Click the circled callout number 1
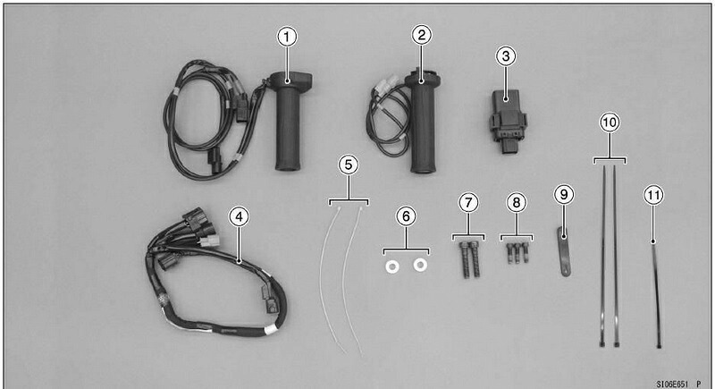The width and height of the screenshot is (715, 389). click(287, 37)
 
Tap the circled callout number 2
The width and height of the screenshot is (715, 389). click(421, 35)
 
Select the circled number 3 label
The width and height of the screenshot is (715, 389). click(506, 56)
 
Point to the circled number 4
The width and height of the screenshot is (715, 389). click(239, 216)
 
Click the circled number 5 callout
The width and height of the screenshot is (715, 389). click(349, 165)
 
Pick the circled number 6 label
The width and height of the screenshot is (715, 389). click(406, 216)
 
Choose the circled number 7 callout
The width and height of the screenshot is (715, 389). click(468, 202)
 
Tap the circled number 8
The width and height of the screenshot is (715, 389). click(517, 202)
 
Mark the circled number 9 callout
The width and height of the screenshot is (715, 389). click(564, 195)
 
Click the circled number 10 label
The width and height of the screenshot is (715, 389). click(610, 123)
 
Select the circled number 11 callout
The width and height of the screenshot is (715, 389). click(653, 195)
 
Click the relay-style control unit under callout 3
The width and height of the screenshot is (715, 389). click(508, 120)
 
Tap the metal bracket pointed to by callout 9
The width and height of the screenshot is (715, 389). click(564, 252)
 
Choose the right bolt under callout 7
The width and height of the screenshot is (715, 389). click(475, 260)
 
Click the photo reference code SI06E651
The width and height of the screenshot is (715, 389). click(672, 385)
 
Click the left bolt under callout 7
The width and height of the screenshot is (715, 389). click(465, 260)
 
